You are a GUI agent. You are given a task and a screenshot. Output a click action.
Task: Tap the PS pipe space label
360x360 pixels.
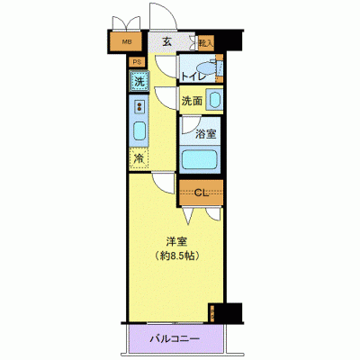pyautogui.click(x=137, y=61)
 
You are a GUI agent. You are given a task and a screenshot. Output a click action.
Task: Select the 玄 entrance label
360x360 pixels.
pyautogui.click(x=167, y=40)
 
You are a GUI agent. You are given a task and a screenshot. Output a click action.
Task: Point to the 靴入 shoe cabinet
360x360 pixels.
pyautogui.click(x=205, y=41)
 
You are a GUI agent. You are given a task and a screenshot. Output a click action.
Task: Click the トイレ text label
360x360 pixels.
pyautogui.click(x=194, y=76)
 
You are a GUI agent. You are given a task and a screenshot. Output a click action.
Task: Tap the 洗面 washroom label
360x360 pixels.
pyautogui.click(x=192, y=102)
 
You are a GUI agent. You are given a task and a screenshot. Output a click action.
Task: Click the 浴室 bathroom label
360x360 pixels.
pyautogui.click(x=206, y=134)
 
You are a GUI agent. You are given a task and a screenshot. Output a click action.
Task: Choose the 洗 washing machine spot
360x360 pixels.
pyautogui.click(x=139, y=82)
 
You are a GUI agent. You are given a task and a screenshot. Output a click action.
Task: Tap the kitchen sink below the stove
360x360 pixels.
pyautogui.click(x=139, y=130)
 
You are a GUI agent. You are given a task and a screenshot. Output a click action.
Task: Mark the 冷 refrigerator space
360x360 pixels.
pyautogui.click(x=139, y=158)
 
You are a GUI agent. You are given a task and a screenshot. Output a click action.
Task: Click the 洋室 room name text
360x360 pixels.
pyautogui.click(x=175, y=240)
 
